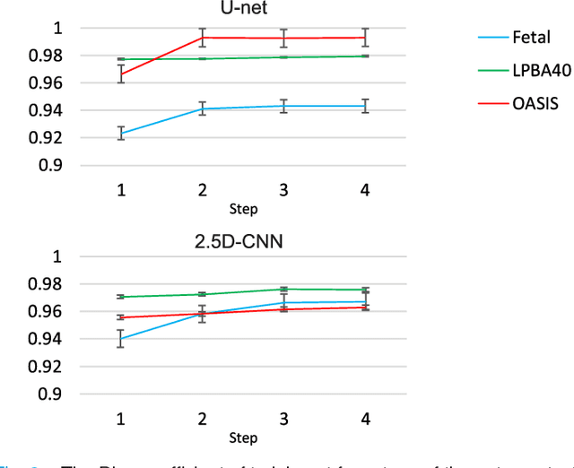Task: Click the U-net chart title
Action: (243, 8)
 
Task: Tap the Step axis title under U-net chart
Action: (243, 209)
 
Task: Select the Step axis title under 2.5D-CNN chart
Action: (243, 438)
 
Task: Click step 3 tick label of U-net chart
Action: (283, 191)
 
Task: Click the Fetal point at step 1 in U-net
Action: (121, 134)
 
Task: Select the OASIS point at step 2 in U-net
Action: (203, 38)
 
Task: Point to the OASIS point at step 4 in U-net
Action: (365, 38)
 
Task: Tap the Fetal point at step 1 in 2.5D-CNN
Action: (121, 339)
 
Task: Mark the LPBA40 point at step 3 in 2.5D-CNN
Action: (283, 289)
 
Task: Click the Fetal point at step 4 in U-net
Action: (365, 106)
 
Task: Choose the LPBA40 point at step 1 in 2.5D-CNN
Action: (121, 297)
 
